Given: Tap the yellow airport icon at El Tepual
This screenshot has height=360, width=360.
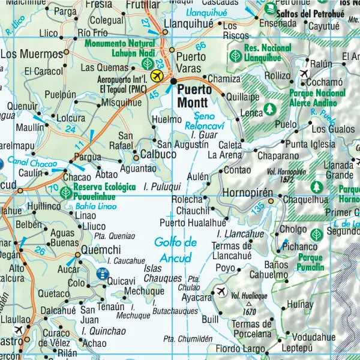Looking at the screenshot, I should (x=157, y=76).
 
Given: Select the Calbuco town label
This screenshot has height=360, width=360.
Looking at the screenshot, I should (x=158, y=154).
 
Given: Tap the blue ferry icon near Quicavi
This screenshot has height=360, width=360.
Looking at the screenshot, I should (x=103, y=274).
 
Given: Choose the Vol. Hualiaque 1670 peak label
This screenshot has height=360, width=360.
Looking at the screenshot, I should (x=249, y=298).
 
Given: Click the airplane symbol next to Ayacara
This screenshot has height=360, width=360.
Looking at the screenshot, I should (x=221, y=292).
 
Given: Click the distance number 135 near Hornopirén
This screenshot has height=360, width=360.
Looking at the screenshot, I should (x=257, y=208).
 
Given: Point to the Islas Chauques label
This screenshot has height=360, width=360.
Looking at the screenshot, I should (x=163, y=274).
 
